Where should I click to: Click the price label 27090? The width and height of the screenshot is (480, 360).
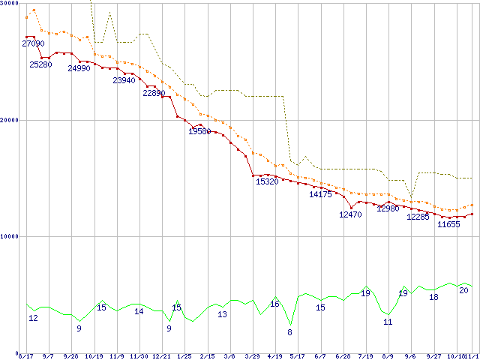[34, 44]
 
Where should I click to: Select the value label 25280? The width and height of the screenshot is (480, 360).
[41, 64]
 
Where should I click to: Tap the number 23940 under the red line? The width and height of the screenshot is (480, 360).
[124, 80]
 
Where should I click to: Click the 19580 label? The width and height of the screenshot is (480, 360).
[199, 131]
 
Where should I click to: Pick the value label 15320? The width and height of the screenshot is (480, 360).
[267, 181]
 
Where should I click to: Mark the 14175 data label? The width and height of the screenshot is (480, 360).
[320, 194]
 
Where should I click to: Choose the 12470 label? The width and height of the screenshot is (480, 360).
[350, 214]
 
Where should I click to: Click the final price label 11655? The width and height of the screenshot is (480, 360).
[448, 224]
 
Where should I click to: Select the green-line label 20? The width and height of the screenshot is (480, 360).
[463, 290]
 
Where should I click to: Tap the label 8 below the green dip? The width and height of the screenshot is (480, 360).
[289, 332]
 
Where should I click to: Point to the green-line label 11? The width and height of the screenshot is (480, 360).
[388, 322]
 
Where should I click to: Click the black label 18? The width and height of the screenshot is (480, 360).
[433, 298]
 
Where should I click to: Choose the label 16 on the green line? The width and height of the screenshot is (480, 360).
[274, 304]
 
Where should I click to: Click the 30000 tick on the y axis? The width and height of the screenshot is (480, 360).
[10, 4]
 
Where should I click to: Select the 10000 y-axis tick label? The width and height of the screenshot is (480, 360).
[10, 236]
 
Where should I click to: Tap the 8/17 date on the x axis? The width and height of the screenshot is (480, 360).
[26, 356]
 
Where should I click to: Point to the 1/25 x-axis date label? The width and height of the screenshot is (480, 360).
[184, 356]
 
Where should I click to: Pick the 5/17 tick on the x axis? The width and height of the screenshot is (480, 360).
[297, 356]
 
